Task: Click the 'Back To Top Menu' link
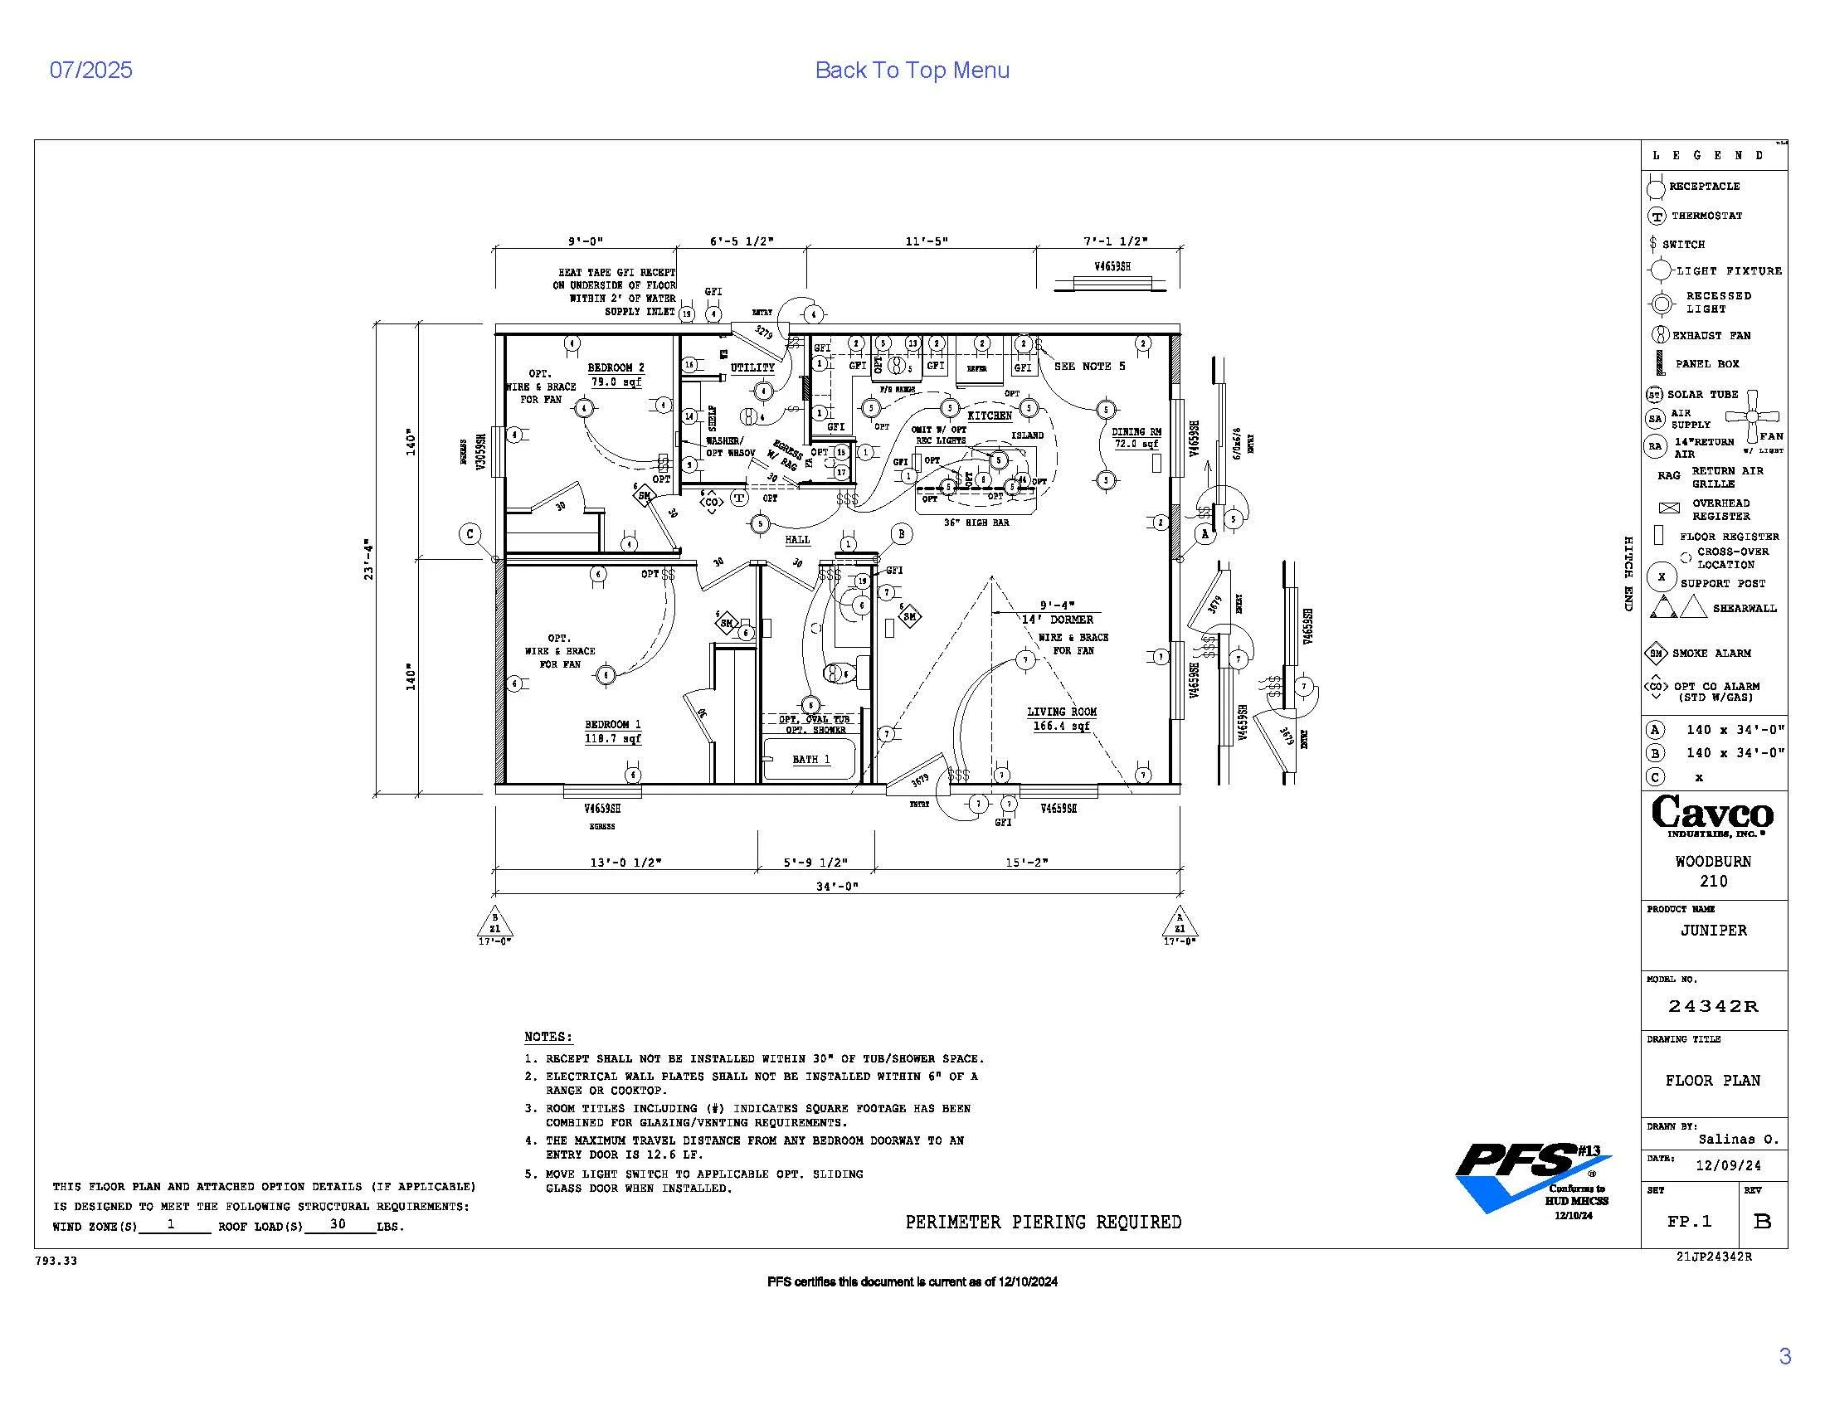(912, 70)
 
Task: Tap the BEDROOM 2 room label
(615, 367)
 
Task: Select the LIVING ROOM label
(1061, 712)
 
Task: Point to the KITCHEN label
(990, 416)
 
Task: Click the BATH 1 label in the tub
(810, 759)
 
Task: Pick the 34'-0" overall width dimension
(837, 887)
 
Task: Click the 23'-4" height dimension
(369, 559)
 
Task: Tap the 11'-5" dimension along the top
(927, 241)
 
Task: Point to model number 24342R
(1713, 1007)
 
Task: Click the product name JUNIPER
(1713, 931)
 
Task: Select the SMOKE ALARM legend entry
(1711, 654)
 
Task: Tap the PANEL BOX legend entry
(1706, 364)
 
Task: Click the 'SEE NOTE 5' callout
(1089, 366)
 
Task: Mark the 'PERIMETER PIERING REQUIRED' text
(1043, 1222)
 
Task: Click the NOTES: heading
(548, 1037)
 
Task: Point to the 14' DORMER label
(1057, 620)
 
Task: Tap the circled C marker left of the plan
(470, 534)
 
